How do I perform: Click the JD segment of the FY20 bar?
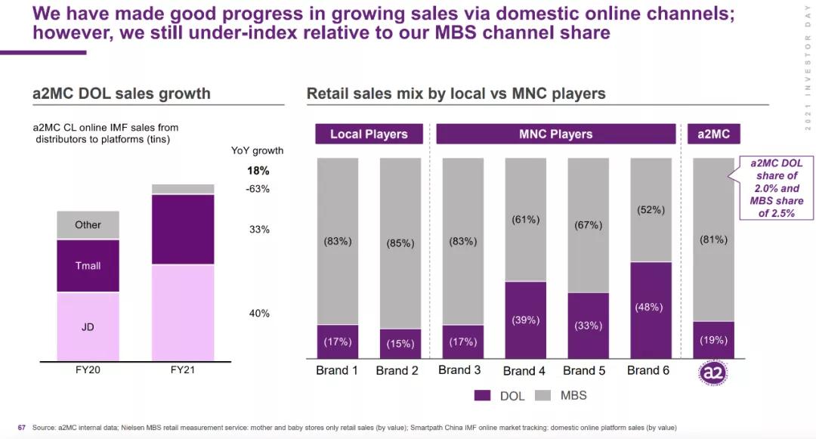click(88, 326)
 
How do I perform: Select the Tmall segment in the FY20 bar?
click(88, 265)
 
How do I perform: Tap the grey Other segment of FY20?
click(88, 225)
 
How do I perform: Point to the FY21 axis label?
click(182, 371)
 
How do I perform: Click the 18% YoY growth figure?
click(258, 170)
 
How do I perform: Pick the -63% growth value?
click(258, 189)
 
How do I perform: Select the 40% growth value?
click(259, 314)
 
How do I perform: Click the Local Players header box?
click(369, 134)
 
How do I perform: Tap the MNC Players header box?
click(555, 134)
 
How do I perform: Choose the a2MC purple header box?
click(713, 134)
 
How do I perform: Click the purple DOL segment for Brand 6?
click(650, 310)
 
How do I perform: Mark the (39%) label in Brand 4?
click(525, 320)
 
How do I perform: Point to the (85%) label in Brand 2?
click(400, 244)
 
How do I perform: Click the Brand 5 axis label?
click(584, 370)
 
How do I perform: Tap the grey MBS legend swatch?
click(542, 396)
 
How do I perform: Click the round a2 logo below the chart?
click(712, 373)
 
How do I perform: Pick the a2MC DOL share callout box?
click(771, 188)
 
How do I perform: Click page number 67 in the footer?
click(22, 428)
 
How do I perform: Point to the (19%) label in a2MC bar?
click(713, 340)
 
